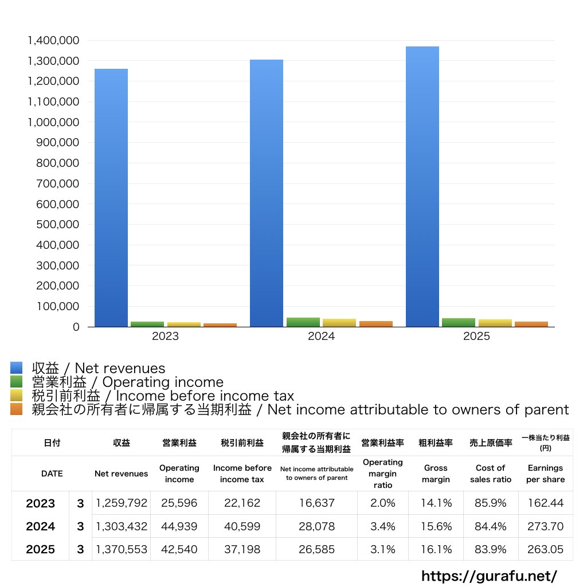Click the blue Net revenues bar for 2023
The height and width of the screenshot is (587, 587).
111,198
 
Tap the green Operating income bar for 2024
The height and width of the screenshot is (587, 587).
303,322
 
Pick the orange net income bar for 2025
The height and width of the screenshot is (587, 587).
531,324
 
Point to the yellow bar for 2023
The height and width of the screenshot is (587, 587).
184,324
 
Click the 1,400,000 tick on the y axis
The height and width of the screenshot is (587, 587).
53,41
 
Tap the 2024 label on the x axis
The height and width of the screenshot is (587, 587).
321,336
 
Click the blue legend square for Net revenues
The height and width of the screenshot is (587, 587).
16,368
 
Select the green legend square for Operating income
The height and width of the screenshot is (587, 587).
16,382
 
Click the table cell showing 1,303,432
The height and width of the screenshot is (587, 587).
122,526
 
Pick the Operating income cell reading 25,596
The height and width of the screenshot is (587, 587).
179,503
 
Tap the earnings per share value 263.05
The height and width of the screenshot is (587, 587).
545,549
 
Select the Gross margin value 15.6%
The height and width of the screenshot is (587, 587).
436,526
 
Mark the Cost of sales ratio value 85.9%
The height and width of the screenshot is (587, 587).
490,503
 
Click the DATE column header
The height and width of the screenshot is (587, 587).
52,473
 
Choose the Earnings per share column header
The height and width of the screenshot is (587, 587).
545,473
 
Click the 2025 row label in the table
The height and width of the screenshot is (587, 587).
41,549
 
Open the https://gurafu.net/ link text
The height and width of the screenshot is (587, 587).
489,576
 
